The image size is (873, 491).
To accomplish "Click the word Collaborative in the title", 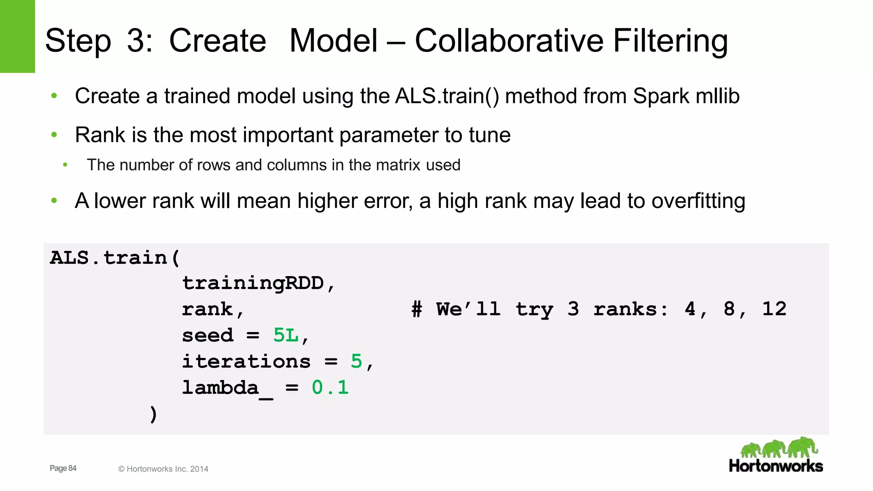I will click(509, 41).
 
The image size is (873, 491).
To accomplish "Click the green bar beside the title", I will click(17, 36).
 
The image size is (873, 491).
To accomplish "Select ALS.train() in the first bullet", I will click(447, 96).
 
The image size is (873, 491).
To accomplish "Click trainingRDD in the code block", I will click(253, 283).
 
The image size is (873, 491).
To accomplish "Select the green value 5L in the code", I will click(286, 335).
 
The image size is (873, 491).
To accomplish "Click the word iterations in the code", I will click(246, 361).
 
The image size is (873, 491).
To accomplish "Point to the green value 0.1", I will click(330, 387).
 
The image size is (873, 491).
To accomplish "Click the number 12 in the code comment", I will click(774, 309).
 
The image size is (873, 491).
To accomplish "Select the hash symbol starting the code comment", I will click(417, 309).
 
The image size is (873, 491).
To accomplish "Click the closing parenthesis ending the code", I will click(153, 414).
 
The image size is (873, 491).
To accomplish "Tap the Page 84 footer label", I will click(63, 468).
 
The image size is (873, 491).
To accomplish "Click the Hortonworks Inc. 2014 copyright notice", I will click(163, 469).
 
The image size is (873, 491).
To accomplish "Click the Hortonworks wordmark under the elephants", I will click(776, 466).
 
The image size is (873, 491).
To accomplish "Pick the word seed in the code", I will click(208, 335).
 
